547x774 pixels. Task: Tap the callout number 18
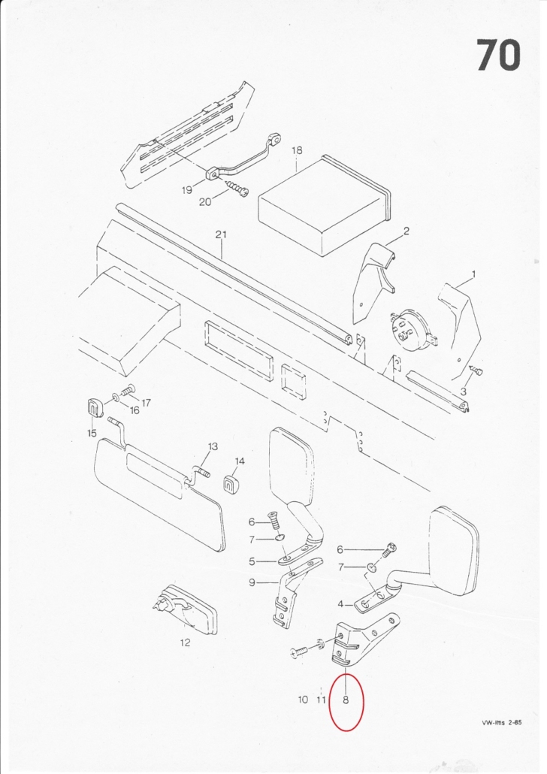[297, 150]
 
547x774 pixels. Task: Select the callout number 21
[221, 234]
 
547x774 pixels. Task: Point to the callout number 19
[186, 190]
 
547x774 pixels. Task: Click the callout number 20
[205, 202]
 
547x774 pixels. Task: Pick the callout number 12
[185, 642]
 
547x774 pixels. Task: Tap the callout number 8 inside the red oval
[346, 700]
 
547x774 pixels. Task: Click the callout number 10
[303, 700]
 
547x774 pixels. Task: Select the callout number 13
[213, 446]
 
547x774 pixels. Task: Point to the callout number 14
[240, 461]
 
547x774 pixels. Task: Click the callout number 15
[92, 434]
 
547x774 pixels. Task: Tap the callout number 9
[252, 583]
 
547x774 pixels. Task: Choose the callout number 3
[463, 392]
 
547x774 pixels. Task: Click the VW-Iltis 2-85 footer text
[502, 723]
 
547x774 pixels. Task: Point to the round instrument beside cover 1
[411, 330]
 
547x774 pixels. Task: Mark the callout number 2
[406, 231]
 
